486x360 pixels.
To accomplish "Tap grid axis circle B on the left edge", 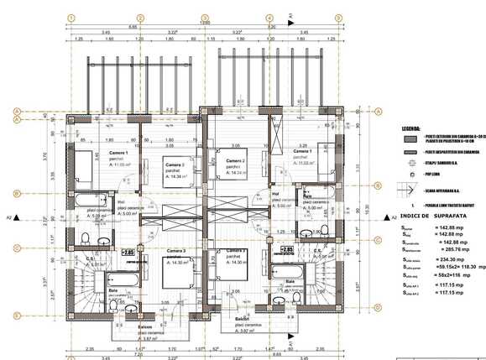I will (16, 193).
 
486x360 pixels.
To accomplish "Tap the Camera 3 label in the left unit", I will (175, 251).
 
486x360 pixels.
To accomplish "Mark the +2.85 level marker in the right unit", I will (286, 250).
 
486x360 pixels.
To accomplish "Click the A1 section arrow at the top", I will (289, 16).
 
